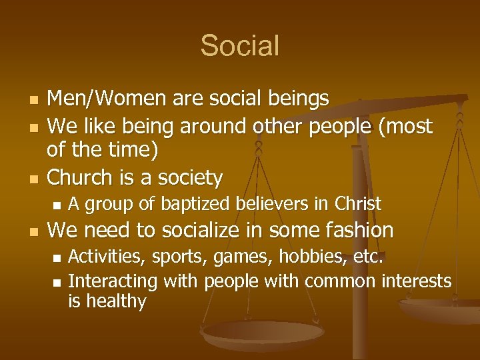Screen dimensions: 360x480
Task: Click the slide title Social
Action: point(239,46)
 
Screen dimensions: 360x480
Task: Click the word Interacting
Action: point(112,282)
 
